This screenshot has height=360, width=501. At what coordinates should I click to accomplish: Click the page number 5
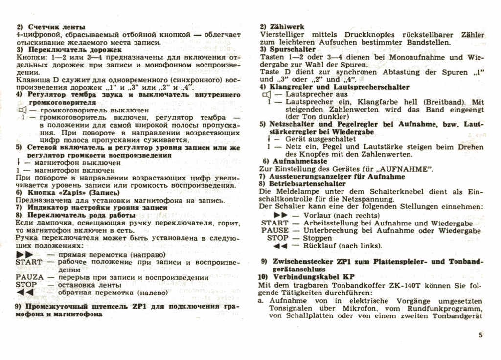click(480, 335)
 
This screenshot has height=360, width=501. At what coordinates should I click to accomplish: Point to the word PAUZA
click(29, 277)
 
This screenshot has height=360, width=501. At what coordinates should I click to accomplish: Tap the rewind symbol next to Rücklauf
click(280, 246)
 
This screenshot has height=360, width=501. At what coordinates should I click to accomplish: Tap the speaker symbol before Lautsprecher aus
click(266, 94)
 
